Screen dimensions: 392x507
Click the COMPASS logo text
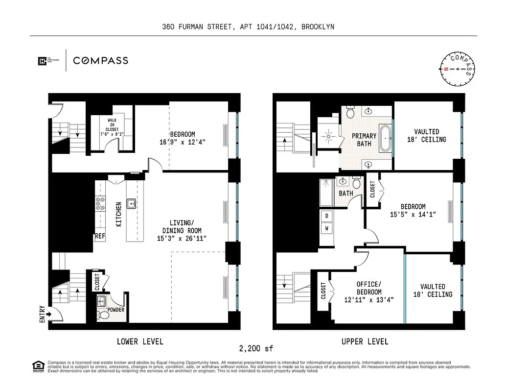100,61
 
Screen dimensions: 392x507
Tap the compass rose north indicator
446,69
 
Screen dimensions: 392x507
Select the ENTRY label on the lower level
42,314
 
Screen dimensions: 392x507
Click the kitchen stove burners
100,203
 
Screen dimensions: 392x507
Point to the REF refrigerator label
99,236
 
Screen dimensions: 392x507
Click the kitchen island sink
131,204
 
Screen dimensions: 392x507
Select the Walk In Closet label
112,126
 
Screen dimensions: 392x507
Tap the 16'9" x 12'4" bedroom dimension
183,143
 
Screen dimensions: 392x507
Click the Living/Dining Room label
183,231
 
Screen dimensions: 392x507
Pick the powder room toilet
101,315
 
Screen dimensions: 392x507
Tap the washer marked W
326,228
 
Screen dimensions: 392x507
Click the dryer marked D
326,215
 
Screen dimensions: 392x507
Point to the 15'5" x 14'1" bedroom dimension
413,215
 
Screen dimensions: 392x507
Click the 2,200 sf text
255,349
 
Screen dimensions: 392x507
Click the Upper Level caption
365,342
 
